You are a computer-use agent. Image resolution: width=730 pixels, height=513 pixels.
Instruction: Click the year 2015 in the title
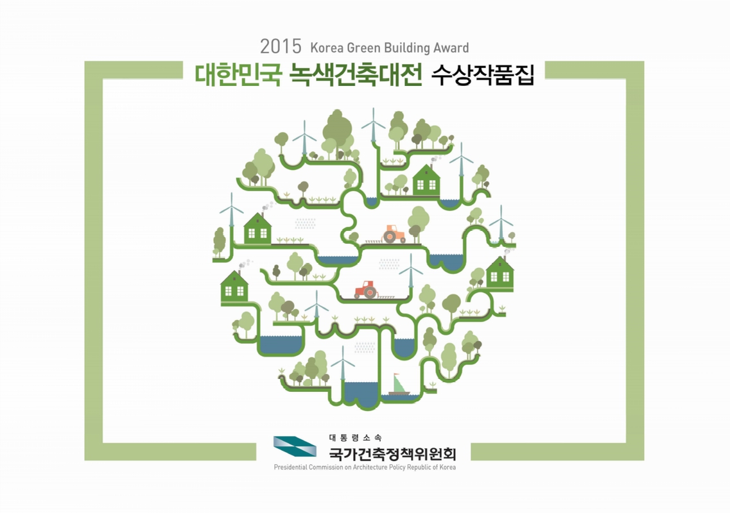[281, 47]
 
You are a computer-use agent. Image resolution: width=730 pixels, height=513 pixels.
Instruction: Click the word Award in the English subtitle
[451, 48]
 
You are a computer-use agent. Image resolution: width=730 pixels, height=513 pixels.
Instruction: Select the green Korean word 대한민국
[238, 74]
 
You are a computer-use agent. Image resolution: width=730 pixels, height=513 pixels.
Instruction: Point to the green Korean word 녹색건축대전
[356, 74]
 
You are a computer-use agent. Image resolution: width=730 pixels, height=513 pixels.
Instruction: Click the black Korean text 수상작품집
[482, 74]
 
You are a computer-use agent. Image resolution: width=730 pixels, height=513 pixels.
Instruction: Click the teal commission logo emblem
[295, 446]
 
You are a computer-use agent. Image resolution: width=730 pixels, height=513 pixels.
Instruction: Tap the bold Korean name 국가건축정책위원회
[392, 453]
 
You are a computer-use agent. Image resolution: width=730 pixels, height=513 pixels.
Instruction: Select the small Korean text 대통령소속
[355, 438]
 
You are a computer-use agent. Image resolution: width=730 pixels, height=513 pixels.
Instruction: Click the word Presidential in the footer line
[290, 467]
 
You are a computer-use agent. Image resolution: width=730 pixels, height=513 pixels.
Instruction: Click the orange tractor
[394, 234]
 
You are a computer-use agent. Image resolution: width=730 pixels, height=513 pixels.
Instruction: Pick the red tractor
[366, 289]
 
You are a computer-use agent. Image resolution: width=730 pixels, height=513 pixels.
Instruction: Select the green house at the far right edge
[500, 273]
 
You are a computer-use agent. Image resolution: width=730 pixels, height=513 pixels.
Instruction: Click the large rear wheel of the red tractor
[370, 292]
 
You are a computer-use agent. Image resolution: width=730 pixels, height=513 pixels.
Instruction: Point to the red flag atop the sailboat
[396, 374]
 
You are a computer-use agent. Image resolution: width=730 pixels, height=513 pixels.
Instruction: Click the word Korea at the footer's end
[448, 467]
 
